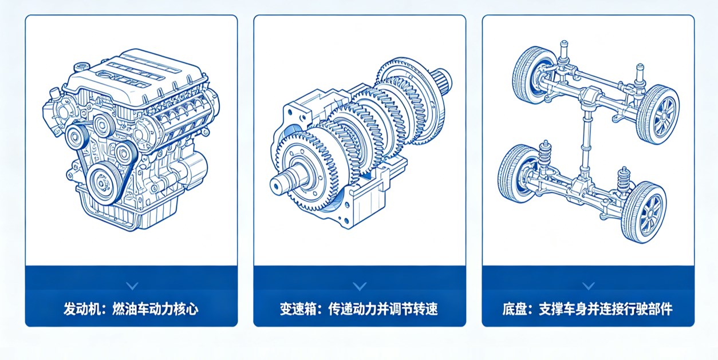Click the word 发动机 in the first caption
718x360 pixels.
(x=82, y=309)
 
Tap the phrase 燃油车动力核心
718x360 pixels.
(x=155, y=309)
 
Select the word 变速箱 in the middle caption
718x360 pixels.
(x=298, y=309)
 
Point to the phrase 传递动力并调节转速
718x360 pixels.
(x=383, y=309)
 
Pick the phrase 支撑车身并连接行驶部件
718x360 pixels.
(x=606, y=309)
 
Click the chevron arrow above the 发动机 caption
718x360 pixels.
(x=132, y=286)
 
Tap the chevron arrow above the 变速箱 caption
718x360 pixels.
(x=360, y=286)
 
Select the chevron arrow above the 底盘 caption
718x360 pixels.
(x=588, y=286)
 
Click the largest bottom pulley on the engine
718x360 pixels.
(x=102, y=184)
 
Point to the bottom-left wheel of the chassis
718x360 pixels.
(x=516, y=173)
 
